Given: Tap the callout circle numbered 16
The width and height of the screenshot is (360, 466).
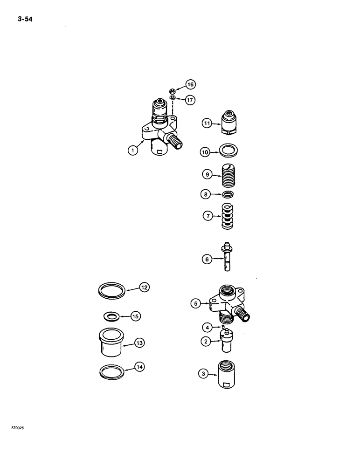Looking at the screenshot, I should click(190, 84).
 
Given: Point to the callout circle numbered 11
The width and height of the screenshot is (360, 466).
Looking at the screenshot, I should click(207, 123).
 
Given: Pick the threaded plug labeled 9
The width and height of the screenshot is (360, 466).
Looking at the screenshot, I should click(228, 176).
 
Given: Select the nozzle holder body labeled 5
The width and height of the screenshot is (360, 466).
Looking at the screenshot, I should click(228, 306).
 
